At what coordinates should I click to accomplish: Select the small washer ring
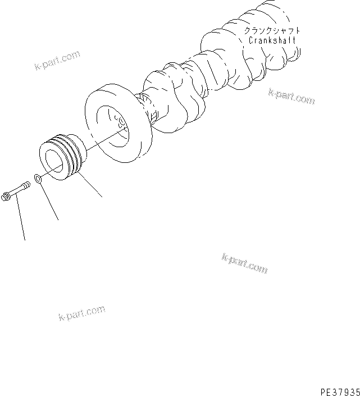[38, 179]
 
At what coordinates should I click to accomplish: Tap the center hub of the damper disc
[119, 123]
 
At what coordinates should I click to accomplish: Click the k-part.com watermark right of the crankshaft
[291, 97]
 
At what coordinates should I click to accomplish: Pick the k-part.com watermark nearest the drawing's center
[244, 262]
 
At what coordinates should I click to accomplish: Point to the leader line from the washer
[49, 201]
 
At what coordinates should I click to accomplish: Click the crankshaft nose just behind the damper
[149, 107]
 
